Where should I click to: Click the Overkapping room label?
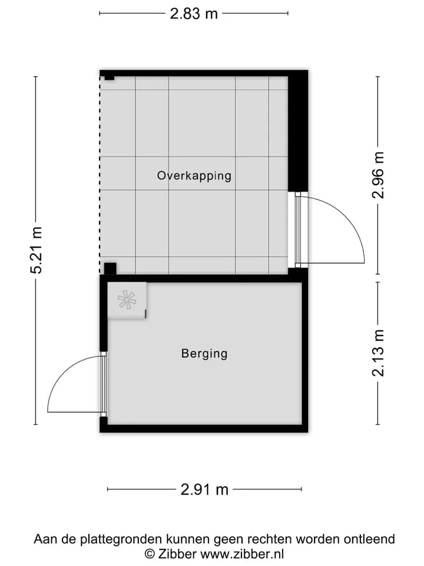point(194,176)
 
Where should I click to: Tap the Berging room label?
point(204,353)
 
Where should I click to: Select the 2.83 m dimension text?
point(194,14)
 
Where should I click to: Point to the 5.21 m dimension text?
point(37,250)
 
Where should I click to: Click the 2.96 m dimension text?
point(378,175)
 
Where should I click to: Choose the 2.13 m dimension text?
point(378,353)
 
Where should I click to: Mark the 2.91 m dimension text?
point(204,489)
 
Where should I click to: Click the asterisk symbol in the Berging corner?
point(127,300)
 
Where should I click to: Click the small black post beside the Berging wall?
point(110,269)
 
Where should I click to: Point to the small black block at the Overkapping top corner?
point(110,78)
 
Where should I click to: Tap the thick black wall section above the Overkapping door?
point(298,131)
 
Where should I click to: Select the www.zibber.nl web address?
point(242,554)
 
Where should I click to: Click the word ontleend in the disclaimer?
point(369,539)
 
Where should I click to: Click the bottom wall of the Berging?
point(204,429)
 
